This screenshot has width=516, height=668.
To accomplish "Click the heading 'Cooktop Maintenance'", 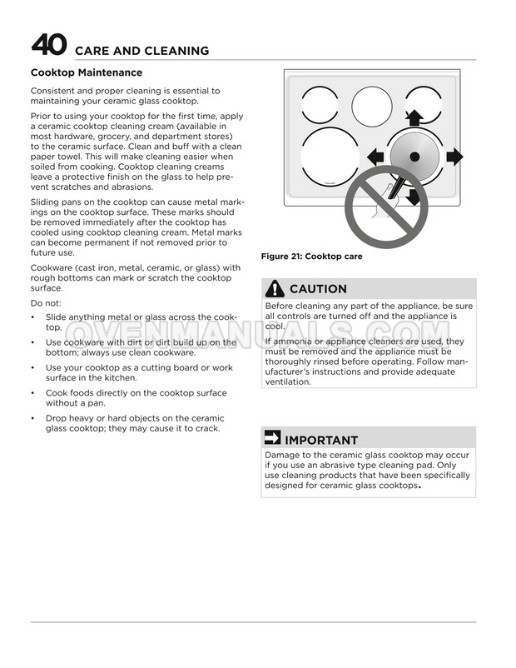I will [x=86, y=73].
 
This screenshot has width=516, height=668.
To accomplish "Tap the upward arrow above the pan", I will [x=414, y=116].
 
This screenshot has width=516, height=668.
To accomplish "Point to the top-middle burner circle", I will [x=371, y=106].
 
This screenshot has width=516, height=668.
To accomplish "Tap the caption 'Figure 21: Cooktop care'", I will [x=311, y=257].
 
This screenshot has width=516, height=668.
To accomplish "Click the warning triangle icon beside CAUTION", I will [x=275, y=289].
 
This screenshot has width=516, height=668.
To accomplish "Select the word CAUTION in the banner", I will [x=318, y=289].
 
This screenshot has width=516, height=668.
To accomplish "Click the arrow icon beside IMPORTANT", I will [x=273, y=439].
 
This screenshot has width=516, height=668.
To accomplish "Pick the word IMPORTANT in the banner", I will [x=321, y=440].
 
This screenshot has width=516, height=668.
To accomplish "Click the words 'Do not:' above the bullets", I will [x=46, y=303].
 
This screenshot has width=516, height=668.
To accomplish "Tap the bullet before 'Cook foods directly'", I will [x=32, y=392].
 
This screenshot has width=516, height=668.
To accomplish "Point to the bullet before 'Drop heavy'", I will [x=32, y=418].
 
